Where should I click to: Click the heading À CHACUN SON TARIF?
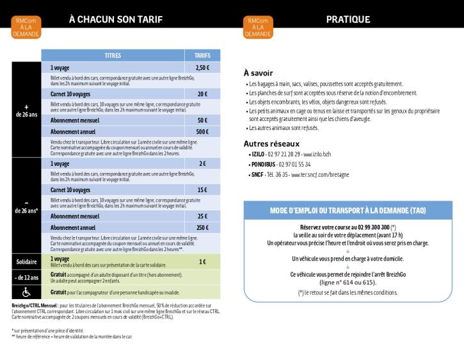pos(115,19)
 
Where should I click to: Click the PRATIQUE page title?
pos(348,19)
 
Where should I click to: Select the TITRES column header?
pos(113,56)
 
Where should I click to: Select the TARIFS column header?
pos(202,56)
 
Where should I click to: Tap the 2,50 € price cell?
pos(202,67)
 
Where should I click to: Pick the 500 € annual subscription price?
pos(202,131)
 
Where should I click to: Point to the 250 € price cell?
pos(202,227)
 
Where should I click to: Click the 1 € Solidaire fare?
pos(202,261)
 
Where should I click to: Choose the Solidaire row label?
pos(26,262)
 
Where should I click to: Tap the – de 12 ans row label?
pos(26,277)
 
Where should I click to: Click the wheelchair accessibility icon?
pos(26,292)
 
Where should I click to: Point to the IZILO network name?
pos(259,154)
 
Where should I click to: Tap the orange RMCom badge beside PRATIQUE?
pos(259,27)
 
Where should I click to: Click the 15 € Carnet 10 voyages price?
pos(202,190)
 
